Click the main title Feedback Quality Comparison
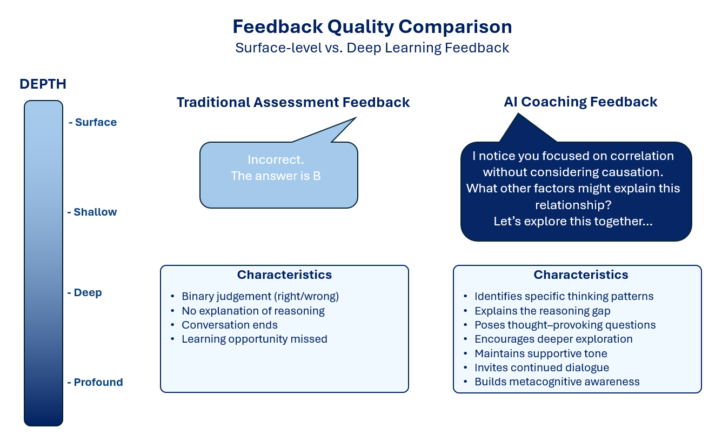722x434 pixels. [372, 27]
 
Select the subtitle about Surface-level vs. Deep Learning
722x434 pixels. [372, 48]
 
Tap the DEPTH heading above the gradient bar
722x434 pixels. [43, 84]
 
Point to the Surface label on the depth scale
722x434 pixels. [96, 123]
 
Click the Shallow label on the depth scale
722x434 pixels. [95, 212]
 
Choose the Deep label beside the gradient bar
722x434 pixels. [88, 293]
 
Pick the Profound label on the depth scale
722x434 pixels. [98, 383]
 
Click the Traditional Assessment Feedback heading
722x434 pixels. [293, 103]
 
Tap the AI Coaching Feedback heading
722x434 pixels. [580, 102]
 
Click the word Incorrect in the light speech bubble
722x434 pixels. [276, 159]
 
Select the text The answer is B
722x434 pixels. [276, 176]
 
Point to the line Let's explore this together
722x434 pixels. [573, 222]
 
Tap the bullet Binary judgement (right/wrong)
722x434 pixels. [260, 297]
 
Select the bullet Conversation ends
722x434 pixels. [230, 325]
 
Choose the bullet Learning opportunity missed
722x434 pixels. [255, 339]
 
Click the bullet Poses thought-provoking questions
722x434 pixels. [565, 325]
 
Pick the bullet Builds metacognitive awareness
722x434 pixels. [557, 382]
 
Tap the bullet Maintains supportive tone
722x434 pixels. [541, 353]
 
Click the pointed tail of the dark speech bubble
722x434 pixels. [518, 113]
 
